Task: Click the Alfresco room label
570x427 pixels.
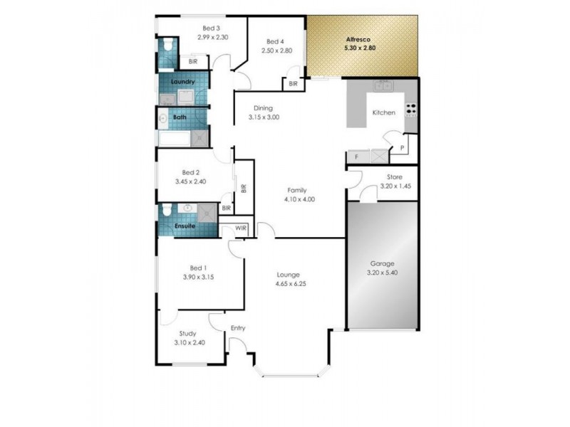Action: (359, 38)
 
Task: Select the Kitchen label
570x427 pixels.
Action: (384, 112)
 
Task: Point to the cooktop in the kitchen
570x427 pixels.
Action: (411, 110)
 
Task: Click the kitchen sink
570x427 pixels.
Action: (384, 87)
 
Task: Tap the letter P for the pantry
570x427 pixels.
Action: (401, 149)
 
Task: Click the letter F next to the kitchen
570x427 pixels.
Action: (356, 156)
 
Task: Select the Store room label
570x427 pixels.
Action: (395, 177)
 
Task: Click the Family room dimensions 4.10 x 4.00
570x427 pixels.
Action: (299, 199)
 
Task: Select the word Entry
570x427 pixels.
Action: (237, 328)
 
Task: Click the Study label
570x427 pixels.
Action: (188, 333)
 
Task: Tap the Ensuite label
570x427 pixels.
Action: (185, 226)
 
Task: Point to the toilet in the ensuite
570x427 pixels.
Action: (166, 209)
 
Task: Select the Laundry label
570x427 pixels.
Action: (183, 82)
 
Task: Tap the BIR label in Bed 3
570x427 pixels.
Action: (193, 62)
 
